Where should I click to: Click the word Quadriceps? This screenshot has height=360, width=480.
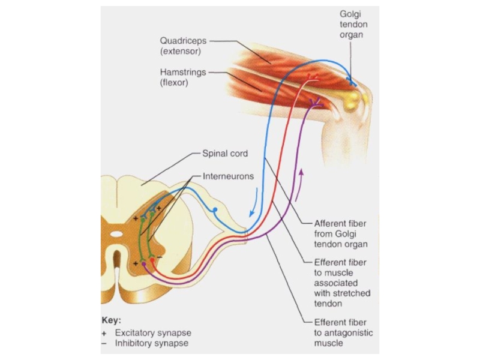coord(182,41)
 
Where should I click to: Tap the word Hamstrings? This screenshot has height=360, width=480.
coord(183,73)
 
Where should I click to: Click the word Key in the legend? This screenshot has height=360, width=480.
coord(112,320)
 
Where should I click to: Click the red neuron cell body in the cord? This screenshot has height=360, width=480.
coord(152,261)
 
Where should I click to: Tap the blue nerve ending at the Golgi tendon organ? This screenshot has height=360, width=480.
coord(354,83)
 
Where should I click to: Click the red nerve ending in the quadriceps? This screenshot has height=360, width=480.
coord(313,77)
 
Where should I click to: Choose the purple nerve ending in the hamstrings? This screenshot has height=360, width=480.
coord(316,104)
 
